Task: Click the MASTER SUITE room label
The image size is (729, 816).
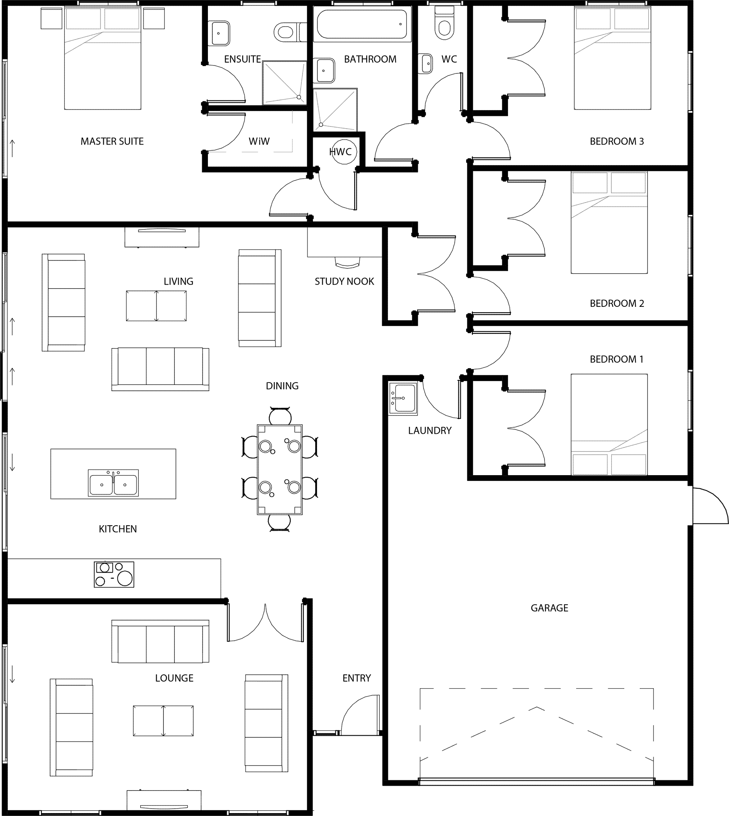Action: [x=112, y=141]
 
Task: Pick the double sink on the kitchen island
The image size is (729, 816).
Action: [x=114, y=483]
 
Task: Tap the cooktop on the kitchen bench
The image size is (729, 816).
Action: [x=114, y=574]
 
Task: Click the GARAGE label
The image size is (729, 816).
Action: [x=549, y=608]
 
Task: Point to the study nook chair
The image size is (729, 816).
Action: [x=348, y=262]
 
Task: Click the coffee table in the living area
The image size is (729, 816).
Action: [x=156, y=306]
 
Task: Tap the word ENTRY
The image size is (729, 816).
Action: [x=357, y=678]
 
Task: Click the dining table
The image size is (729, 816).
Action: [x=280, y=469]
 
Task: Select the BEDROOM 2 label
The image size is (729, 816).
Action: [x=617, y=304]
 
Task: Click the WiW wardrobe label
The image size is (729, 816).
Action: [x=259, y=141]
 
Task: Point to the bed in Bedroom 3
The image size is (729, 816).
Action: [x=613, y=58]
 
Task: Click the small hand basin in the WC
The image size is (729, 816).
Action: [x=426, y=63]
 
